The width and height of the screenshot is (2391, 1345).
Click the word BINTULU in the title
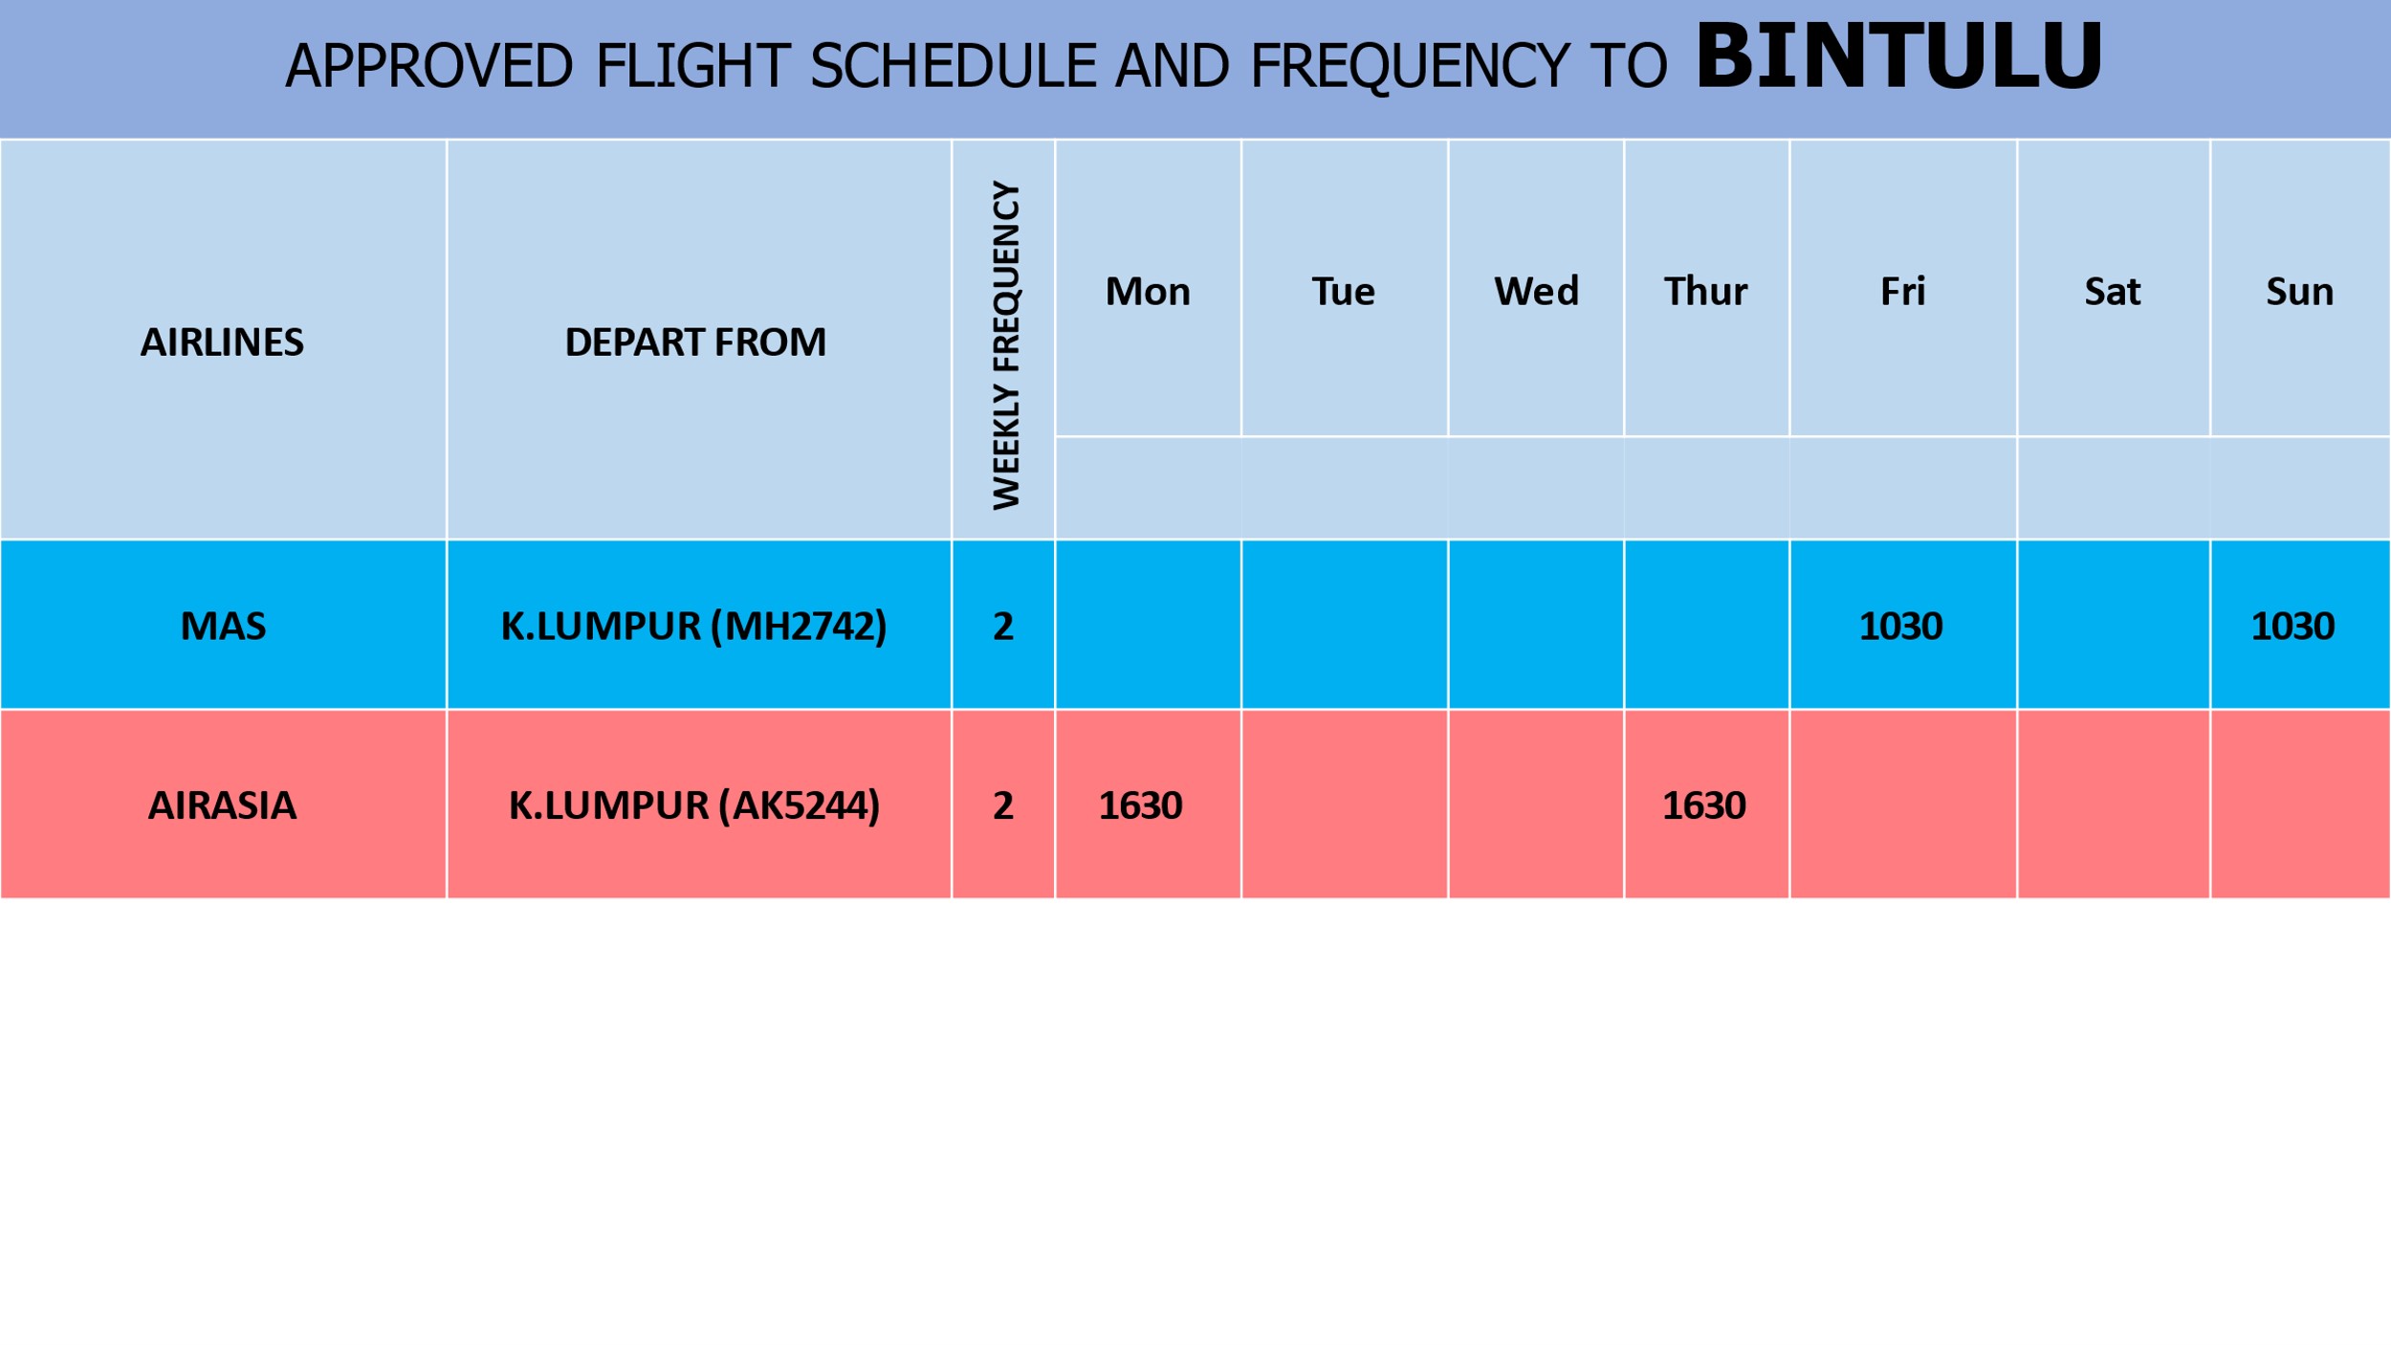pyautogui.click(x=1898, y=56)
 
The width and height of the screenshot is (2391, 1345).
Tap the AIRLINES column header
pyautogui.click(x=222, y=342)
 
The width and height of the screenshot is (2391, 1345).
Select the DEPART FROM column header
pyautogui.click(x=695, y=342)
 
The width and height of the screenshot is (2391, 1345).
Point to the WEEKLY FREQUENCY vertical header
pyautogui.click(x=1005, y=344)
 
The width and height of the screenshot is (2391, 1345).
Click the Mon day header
pyautogui.click(x=1148, y=291)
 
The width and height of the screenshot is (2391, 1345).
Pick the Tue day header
pyautogui.click(x=1343, y=291)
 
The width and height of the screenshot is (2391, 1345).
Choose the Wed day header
pyautogui.click(x=1536, y=291)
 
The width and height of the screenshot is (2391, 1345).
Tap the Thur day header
pyautogui.click(x=1705, y=291)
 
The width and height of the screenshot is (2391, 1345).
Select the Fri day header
pyautogui.click(x=1902, y=291)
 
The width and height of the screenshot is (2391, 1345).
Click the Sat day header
pyautogui.click(x=2112, y=291)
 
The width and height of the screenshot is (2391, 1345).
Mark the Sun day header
pyautogui.click(x=2299, y=291)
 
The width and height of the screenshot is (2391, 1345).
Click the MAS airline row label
pyautogui.click(x=223, y=627)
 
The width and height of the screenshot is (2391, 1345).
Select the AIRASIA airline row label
pyautogui.click(x=222, y=805)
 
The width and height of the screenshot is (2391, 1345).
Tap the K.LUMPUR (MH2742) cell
pyautogui.click(x=694, y=627)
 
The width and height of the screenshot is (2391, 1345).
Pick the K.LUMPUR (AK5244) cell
pyautogui.click(x=694, y=805)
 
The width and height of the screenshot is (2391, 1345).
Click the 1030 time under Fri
pyautogui.click(x=1900, y=627)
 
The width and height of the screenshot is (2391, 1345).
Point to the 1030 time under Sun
pyautogui.click(x=2292, y=627)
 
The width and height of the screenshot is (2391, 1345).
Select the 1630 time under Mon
pyautogui.click(x=1140, y=805)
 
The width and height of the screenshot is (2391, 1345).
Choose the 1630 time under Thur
pyautogui.click(x=1704, y=805)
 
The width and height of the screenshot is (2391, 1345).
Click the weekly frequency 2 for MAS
pyautogui.click(x=1003, y=627)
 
